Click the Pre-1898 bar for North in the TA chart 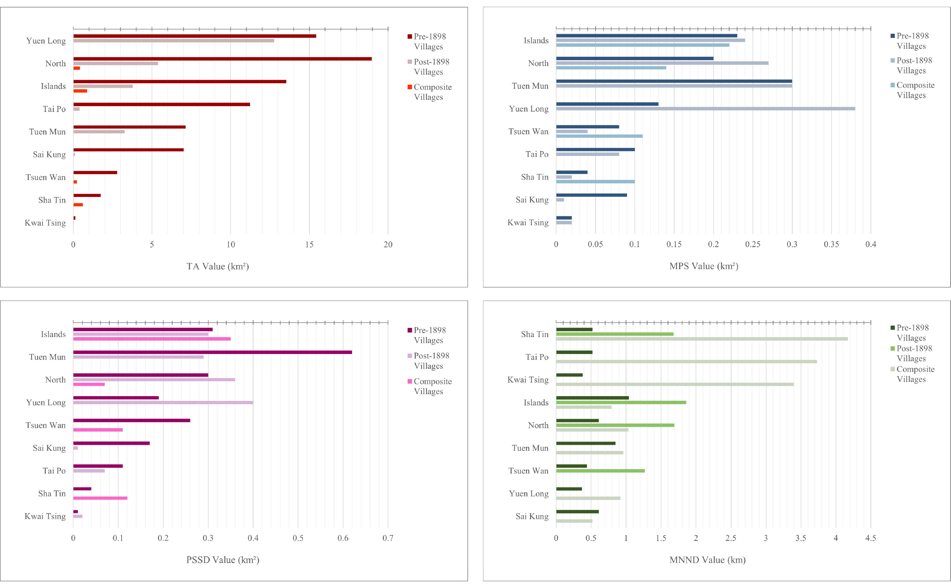[x=222, y=59]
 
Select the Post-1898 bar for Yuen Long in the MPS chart [x=705, y=108]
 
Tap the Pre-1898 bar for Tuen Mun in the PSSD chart [x=212, y=352]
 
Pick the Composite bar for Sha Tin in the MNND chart [x=701, y=339]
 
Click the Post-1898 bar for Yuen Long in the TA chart [x=174, y=41]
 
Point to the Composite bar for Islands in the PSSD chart [x=152, y=339]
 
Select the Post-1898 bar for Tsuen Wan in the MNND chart [x=600, y=470]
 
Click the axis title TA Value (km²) [x=217, y=266]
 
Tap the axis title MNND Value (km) [x=707, y=560]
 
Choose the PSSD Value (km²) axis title [x=223, y=560]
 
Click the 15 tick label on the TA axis [x=309, y=245]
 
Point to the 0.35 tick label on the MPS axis [x=831, y=245]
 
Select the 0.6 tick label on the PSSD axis [x=343, y=538]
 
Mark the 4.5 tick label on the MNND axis [x=870, y=538]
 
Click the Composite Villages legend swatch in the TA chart [x=410, y=87]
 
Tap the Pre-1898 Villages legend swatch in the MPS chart [x=892, y=36]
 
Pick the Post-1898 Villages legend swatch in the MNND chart [x=892, y=349]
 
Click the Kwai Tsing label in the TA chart [x=45, y=223]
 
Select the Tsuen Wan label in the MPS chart [x=528, y=131]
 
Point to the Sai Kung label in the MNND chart [x=532, y=516]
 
